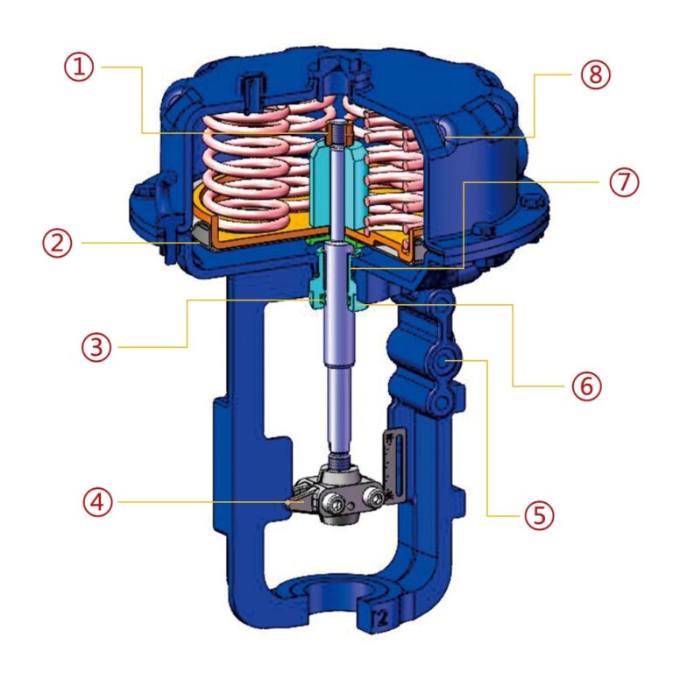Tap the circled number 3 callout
(96, 347)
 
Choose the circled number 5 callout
(540, 514)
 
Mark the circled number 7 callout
(625, 184)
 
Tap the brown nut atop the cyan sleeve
(337, 135)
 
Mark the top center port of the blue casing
(337, 70)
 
